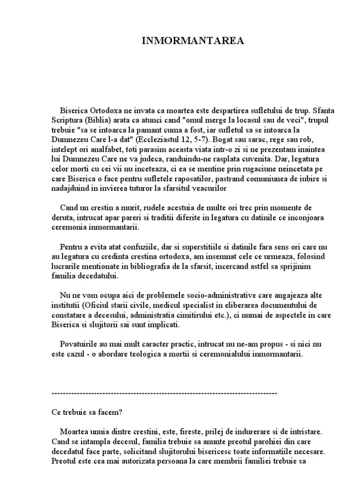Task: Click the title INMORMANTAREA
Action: [x=193, y=41]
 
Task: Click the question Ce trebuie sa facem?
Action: [x=87, y=413]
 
